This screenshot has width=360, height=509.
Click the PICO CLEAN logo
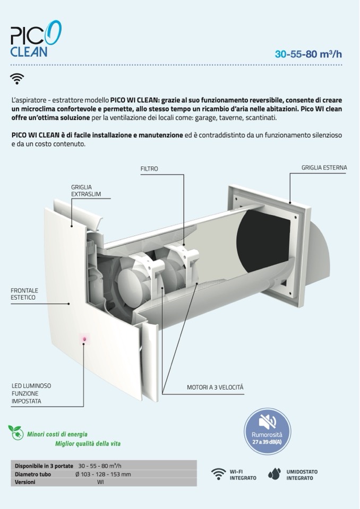tap(36, 39)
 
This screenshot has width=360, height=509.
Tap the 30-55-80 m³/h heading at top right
tap(308, 54)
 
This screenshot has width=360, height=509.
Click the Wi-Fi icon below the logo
tap(17, 79)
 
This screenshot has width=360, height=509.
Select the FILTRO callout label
tap(149, 169)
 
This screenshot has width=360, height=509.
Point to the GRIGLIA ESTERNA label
tap(324, 168)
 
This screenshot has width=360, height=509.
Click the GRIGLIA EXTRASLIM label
tap(86, 191)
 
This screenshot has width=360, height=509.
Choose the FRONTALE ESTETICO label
tap(24, 294)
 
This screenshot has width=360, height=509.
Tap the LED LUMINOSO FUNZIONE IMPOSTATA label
tap(31, 393)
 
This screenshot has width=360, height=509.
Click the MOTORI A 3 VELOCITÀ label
tap(215, 387)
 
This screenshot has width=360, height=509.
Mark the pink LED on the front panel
tap(84, 339)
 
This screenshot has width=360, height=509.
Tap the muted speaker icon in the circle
tap(267, 422)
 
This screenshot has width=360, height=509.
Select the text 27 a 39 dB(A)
tap(267, 442)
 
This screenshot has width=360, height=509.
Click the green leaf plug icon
tap(16, 433)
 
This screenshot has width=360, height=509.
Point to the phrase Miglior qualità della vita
tap(88, 444)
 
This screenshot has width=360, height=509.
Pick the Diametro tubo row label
tap(33, 475)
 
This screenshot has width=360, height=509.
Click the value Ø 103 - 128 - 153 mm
tap(103, 475)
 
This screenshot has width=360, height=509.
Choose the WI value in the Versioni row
tap(100, 482)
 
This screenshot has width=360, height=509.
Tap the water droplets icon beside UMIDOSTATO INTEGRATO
tap(275, 474)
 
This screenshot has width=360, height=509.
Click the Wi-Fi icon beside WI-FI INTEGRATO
tap(218, 474)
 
